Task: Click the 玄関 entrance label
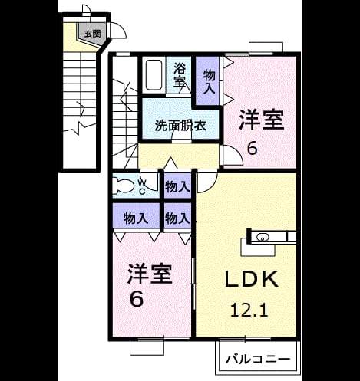[x=92, y=34]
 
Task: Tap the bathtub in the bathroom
[x=154, y=75]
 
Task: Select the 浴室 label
[x=180, y=74]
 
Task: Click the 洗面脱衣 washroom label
[x=180, y=126]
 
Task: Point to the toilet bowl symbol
[x=124, y=185]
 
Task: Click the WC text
[x=143, y=187]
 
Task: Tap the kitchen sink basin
[x=262, y=238]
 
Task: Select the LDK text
[x=252, y=279]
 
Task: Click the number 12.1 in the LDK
[x=249, y=310]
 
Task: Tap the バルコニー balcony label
[x=258, y=360]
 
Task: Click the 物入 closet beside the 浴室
[x=209, y=82]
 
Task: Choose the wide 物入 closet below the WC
[x=136, y=218]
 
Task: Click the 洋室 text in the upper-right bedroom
[x=262, y=120]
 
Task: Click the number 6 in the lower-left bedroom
[x=137, y=299]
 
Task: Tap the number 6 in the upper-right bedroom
[x=252, y=148]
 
